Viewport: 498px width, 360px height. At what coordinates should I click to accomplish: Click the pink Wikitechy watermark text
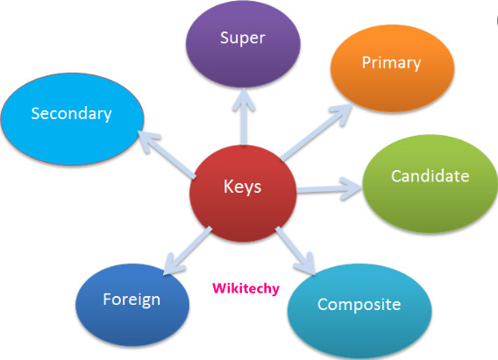point(245,287)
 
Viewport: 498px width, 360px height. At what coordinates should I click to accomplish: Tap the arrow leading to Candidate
point(329,186)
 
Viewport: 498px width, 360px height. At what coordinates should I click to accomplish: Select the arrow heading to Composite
point(295,247)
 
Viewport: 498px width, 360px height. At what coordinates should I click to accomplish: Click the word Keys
point(241,187)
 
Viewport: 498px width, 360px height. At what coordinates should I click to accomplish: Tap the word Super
point(242,39)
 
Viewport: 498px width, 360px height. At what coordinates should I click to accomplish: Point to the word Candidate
point(430,176)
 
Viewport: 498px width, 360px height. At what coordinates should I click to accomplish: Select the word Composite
point(359,305)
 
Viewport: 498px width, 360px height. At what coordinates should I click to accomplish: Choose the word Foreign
point(132,300)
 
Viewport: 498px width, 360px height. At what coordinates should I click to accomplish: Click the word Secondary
point(71,113)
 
